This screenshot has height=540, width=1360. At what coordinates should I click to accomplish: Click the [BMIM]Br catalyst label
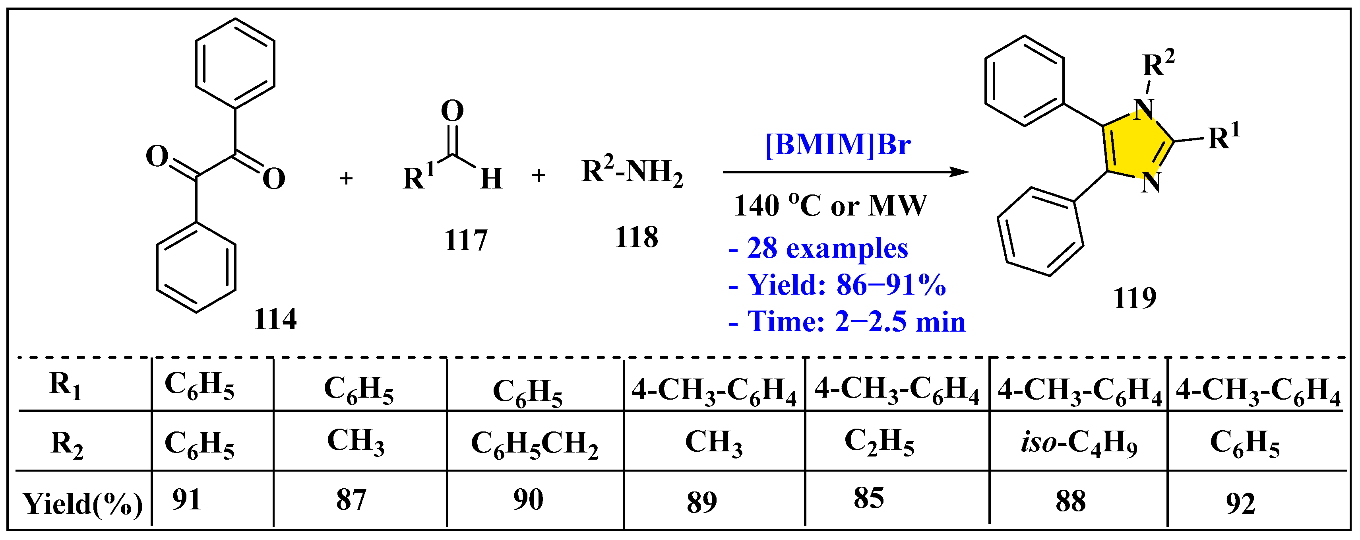pos(837,144)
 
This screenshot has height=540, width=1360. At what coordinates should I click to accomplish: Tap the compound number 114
pos(275,319)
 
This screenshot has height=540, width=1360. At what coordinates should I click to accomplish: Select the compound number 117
pos(466,241)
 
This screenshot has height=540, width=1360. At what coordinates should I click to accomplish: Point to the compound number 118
pos(636,237)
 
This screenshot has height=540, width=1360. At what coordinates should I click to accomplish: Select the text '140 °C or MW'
pos(829,206)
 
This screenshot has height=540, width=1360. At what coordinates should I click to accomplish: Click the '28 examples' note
pos(818,249)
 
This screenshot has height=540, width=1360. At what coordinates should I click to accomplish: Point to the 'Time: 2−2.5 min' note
pos(847,322)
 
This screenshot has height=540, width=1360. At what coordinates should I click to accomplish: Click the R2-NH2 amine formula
pos(632,172)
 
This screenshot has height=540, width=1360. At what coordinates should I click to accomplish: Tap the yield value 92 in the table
pos(1240,503)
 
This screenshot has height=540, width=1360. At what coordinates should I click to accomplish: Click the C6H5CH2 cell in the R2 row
pos(534,444)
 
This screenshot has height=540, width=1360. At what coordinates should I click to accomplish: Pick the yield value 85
pos(868,498)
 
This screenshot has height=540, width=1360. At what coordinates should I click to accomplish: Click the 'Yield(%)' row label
pos(82,503)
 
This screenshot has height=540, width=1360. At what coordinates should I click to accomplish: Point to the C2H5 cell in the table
pos(879,442)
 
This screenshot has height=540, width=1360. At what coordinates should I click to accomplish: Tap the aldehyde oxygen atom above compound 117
pos(452,111)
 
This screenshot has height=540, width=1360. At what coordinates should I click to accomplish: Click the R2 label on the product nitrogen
pos(1158,64)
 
